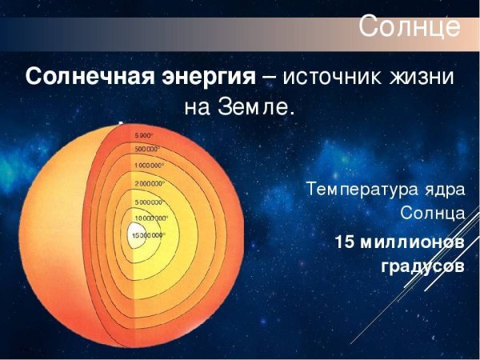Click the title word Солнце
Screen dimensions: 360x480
(x=409, y=26)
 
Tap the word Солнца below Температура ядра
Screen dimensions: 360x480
(x=433, y=214)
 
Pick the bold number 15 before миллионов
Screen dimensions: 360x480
(x=346, y=242)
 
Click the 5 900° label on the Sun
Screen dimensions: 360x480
(x=146, y=135)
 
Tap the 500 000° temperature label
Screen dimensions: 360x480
(x=147, y=150)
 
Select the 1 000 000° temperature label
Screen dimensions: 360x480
(x=149, y=165)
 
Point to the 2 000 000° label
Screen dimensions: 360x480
(x=150, y=184)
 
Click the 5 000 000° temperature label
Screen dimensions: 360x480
(x=150, y=202)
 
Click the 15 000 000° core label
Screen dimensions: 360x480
(x=149, y=235)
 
